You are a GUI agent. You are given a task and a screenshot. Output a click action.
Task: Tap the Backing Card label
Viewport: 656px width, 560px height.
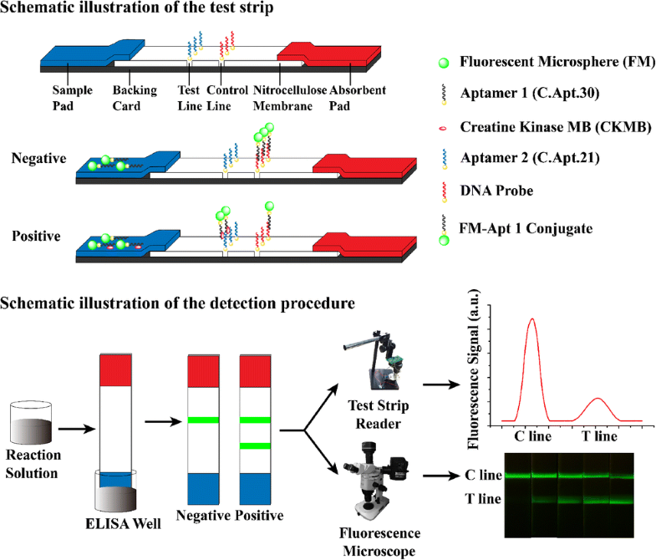point(134,98)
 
